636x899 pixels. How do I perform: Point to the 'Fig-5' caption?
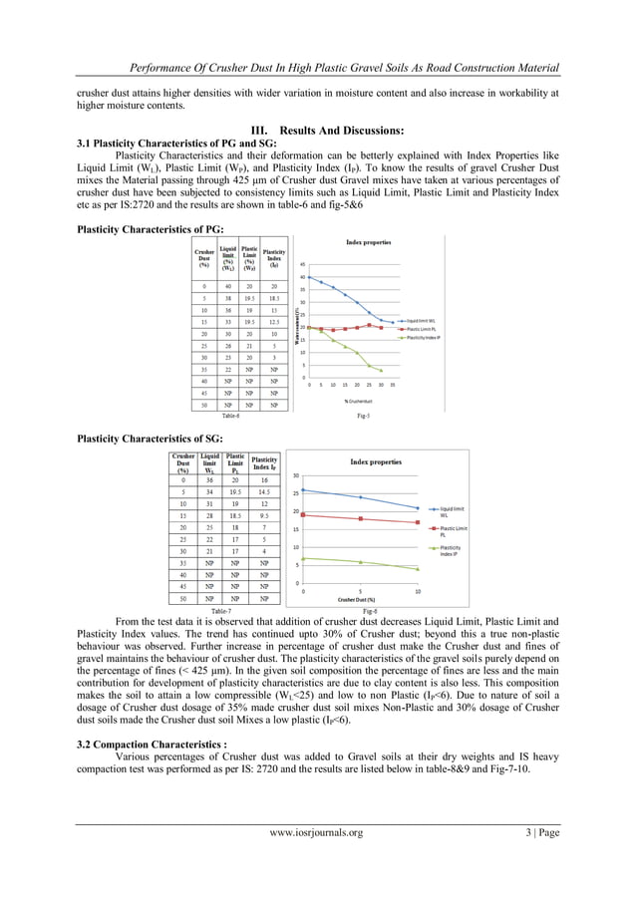(x=364, y=418)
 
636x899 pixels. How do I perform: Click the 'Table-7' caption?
(x=223, y=610)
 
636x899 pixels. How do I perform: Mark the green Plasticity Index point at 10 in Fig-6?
(x=418, y=569)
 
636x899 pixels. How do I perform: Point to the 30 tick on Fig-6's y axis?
(x=296, y=475)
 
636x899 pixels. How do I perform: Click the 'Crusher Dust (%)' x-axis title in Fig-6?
(x=360, y=599)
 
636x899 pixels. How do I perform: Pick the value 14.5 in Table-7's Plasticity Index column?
(x=260, y=491)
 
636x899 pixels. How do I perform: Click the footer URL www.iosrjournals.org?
(x=318, y=860)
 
